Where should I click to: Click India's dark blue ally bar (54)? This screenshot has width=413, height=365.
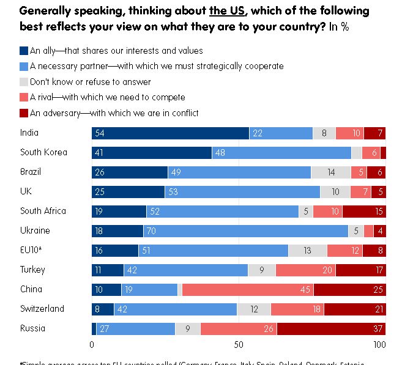click(x=170, y=133)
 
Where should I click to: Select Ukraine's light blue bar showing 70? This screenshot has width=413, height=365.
click(x=245, y=231)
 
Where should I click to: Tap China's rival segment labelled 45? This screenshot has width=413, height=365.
click(x=248, y=290)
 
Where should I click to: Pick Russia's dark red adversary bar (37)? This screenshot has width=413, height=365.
click(x=331, y=329)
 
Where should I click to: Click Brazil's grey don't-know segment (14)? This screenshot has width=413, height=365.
click(x=330, y=172)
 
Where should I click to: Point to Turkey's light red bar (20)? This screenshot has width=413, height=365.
click(x=306, y=270)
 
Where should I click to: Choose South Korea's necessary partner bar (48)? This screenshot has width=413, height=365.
click(x=281, y=153)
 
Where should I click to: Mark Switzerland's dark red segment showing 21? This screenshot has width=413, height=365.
click(x=355, y=309)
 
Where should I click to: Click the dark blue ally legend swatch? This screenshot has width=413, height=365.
click(x=24, y=51)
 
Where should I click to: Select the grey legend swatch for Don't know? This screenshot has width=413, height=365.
click(x=24, y=82)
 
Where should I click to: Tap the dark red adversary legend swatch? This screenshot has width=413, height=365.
click(x=24, y=113)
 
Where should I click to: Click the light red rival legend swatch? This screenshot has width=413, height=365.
click(x=24, y=97)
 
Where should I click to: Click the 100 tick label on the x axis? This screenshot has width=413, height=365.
click(x=379, y=345)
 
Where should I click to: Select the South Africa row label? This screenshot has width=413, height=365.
click(x=43, y=211)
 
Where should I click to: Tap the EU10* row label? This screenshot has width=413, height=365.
click(x=31, y=250)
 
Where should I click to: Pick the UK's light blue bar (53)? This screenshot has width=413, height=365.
click(x=242, y=192)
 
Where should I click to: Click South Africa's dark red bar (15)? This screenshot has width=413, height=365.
click(x=364, y=212)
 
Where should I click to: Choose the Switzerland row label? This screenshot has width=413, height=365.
click(x=42, y=309)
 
